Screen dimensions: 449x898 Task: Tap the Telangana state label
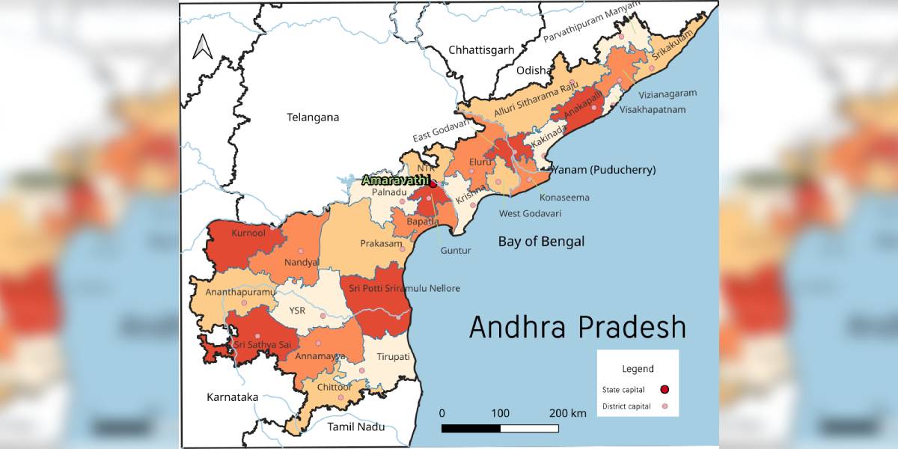click(313, 117)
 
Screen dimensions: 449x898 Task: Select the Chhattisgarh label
click(481, 50)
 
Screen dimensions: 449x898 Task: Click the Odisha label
click(533, 70)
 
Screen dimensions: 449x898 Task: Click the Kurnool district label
click(248, 233)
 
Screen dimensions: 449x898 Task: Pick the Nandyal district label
click(302, 263)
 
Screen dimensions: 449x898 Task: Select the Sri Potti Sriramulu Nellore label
click(404, 288)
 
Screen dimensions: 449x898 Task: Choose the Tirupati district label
click(394, 357)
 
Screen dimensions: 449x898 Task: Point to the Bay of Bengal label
click(542, 241)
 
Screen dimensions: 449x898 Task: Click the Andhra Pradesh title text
click(578, 327)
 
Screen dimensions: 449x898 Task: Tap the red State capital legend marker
click(665, 389)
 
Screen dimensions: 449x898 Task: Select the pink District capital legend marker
click(665, 406)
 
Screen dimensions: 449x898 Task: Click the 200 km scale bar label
click(568, 413)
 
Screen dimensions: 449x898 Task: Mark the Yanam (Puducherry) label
click(603, 171)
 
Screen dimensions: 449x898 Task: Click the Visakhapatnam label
click(653, 109)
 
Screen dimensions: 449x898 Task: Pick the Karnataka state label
click(233, 397)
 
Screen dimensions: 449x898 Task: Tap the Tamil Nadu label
click(356, 427)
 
